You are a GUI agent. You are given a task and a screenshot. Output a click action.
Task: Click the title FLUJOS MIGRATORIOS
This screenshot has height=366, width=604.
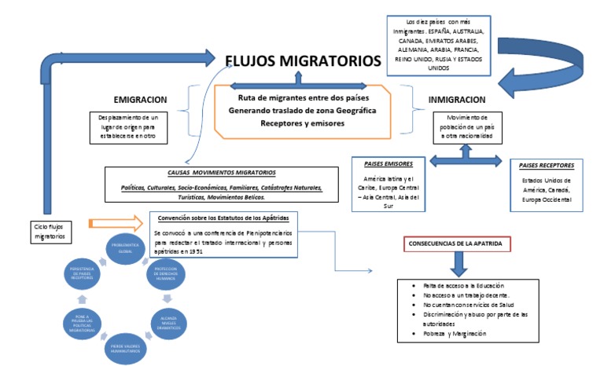tap(303, 60)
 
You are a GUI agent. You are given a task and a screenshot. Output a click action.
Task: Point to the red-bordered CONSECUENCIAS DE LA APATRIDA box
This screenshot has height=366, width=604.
tap(457, 244)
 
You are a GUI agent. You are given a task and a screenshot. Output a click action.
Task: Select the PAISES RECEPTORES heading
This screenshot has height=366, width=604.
tap(547, 167)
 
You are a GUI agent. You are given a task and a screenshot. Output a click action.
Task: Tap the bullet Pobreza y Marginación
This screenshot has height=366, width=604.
tap(453, 333)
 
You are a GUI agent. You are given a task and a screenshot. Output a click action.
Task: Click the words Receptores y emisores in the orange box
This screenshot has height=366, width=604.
tap(302, 123)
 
